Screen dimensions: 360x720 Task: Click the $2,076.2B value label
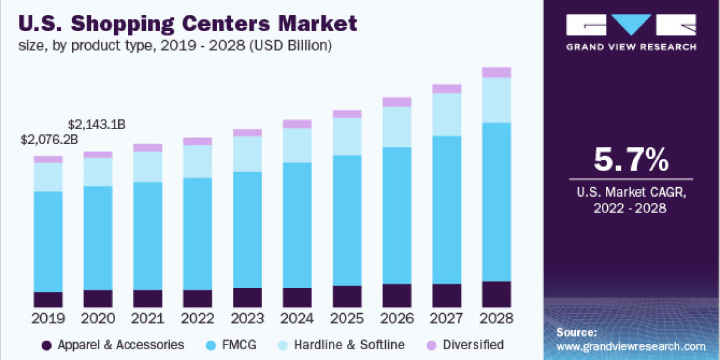(49, 140)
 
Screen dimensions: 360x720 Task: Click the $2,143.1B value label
(97, 125)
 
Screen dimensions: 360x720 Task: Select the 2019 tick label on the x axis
(48, 317)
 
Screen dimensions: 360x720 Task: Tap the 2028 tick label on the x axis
(496, 317)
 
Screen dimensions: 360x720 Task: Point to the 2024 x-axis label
(297, 317)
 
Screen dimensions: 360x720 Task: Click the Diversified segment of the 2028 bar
(496, 72)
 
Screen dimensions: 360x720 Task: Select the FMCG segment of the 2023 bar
(247, 229)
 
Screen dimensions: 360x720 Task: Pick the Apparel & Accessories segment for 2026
(397, 295)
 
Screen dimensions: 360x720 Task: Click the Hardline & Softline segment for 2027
(446, 114)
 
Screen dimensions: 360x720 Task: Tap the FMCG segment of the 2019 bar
(48, 241)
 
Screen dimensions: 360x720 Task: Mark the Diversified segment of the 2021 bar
(148, 148)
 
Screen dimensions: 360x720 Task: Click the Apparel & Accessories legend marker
(46, 345)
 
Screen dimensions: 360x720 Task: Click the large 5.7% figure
(631, 160)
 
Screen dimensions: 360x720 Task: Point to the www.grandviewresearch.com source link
(631, 346)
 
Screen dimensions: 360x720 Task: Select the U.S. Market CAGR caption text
(631, 193)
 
